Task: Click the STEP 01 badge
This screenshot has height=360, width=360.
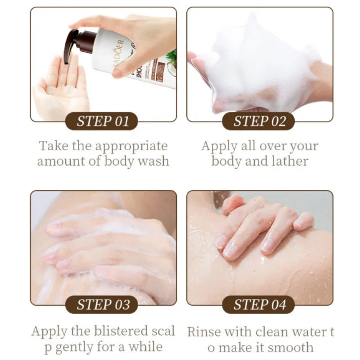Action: pyautogui.click(x=102, y=121)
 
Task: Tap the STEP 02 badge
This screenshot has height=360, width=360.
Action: pyautogui.click(x=258, y=121)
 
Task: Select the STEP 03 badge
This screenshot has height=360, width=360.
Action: pyautogui.click(x=102, y=305)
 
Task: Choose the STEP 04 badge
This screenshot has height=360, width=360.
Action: pyautogui.click(x=258, y=305)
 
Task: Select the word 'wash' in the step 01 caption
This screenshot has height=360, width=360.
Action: pyautogui.click(x=153, y=161)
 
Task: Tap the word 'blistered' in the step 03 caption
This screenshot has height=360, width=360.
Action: pyautogui.click(x=121, y=331)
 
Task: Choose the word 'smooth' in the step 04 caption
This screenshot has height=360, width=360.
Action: pyautogui.click(x=290, y=347)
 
